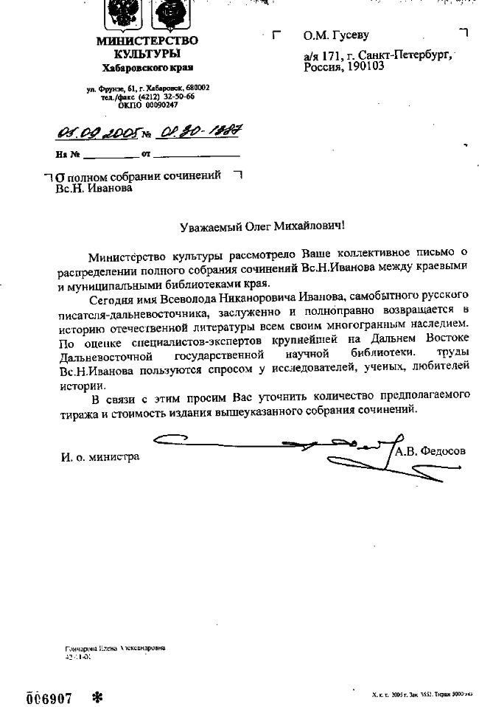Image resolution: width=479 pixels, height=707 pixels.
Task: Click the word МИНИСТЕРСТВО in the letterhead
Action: coord(147,41)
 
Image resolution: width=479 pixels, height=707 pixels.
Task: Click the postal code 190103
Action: coord(362,67)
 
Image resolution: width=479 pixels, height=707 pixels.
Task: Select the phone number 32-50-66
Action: coord(178,97)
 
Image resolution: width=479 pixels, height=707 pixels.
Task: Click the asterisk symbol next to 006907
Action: coord(97,696)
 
